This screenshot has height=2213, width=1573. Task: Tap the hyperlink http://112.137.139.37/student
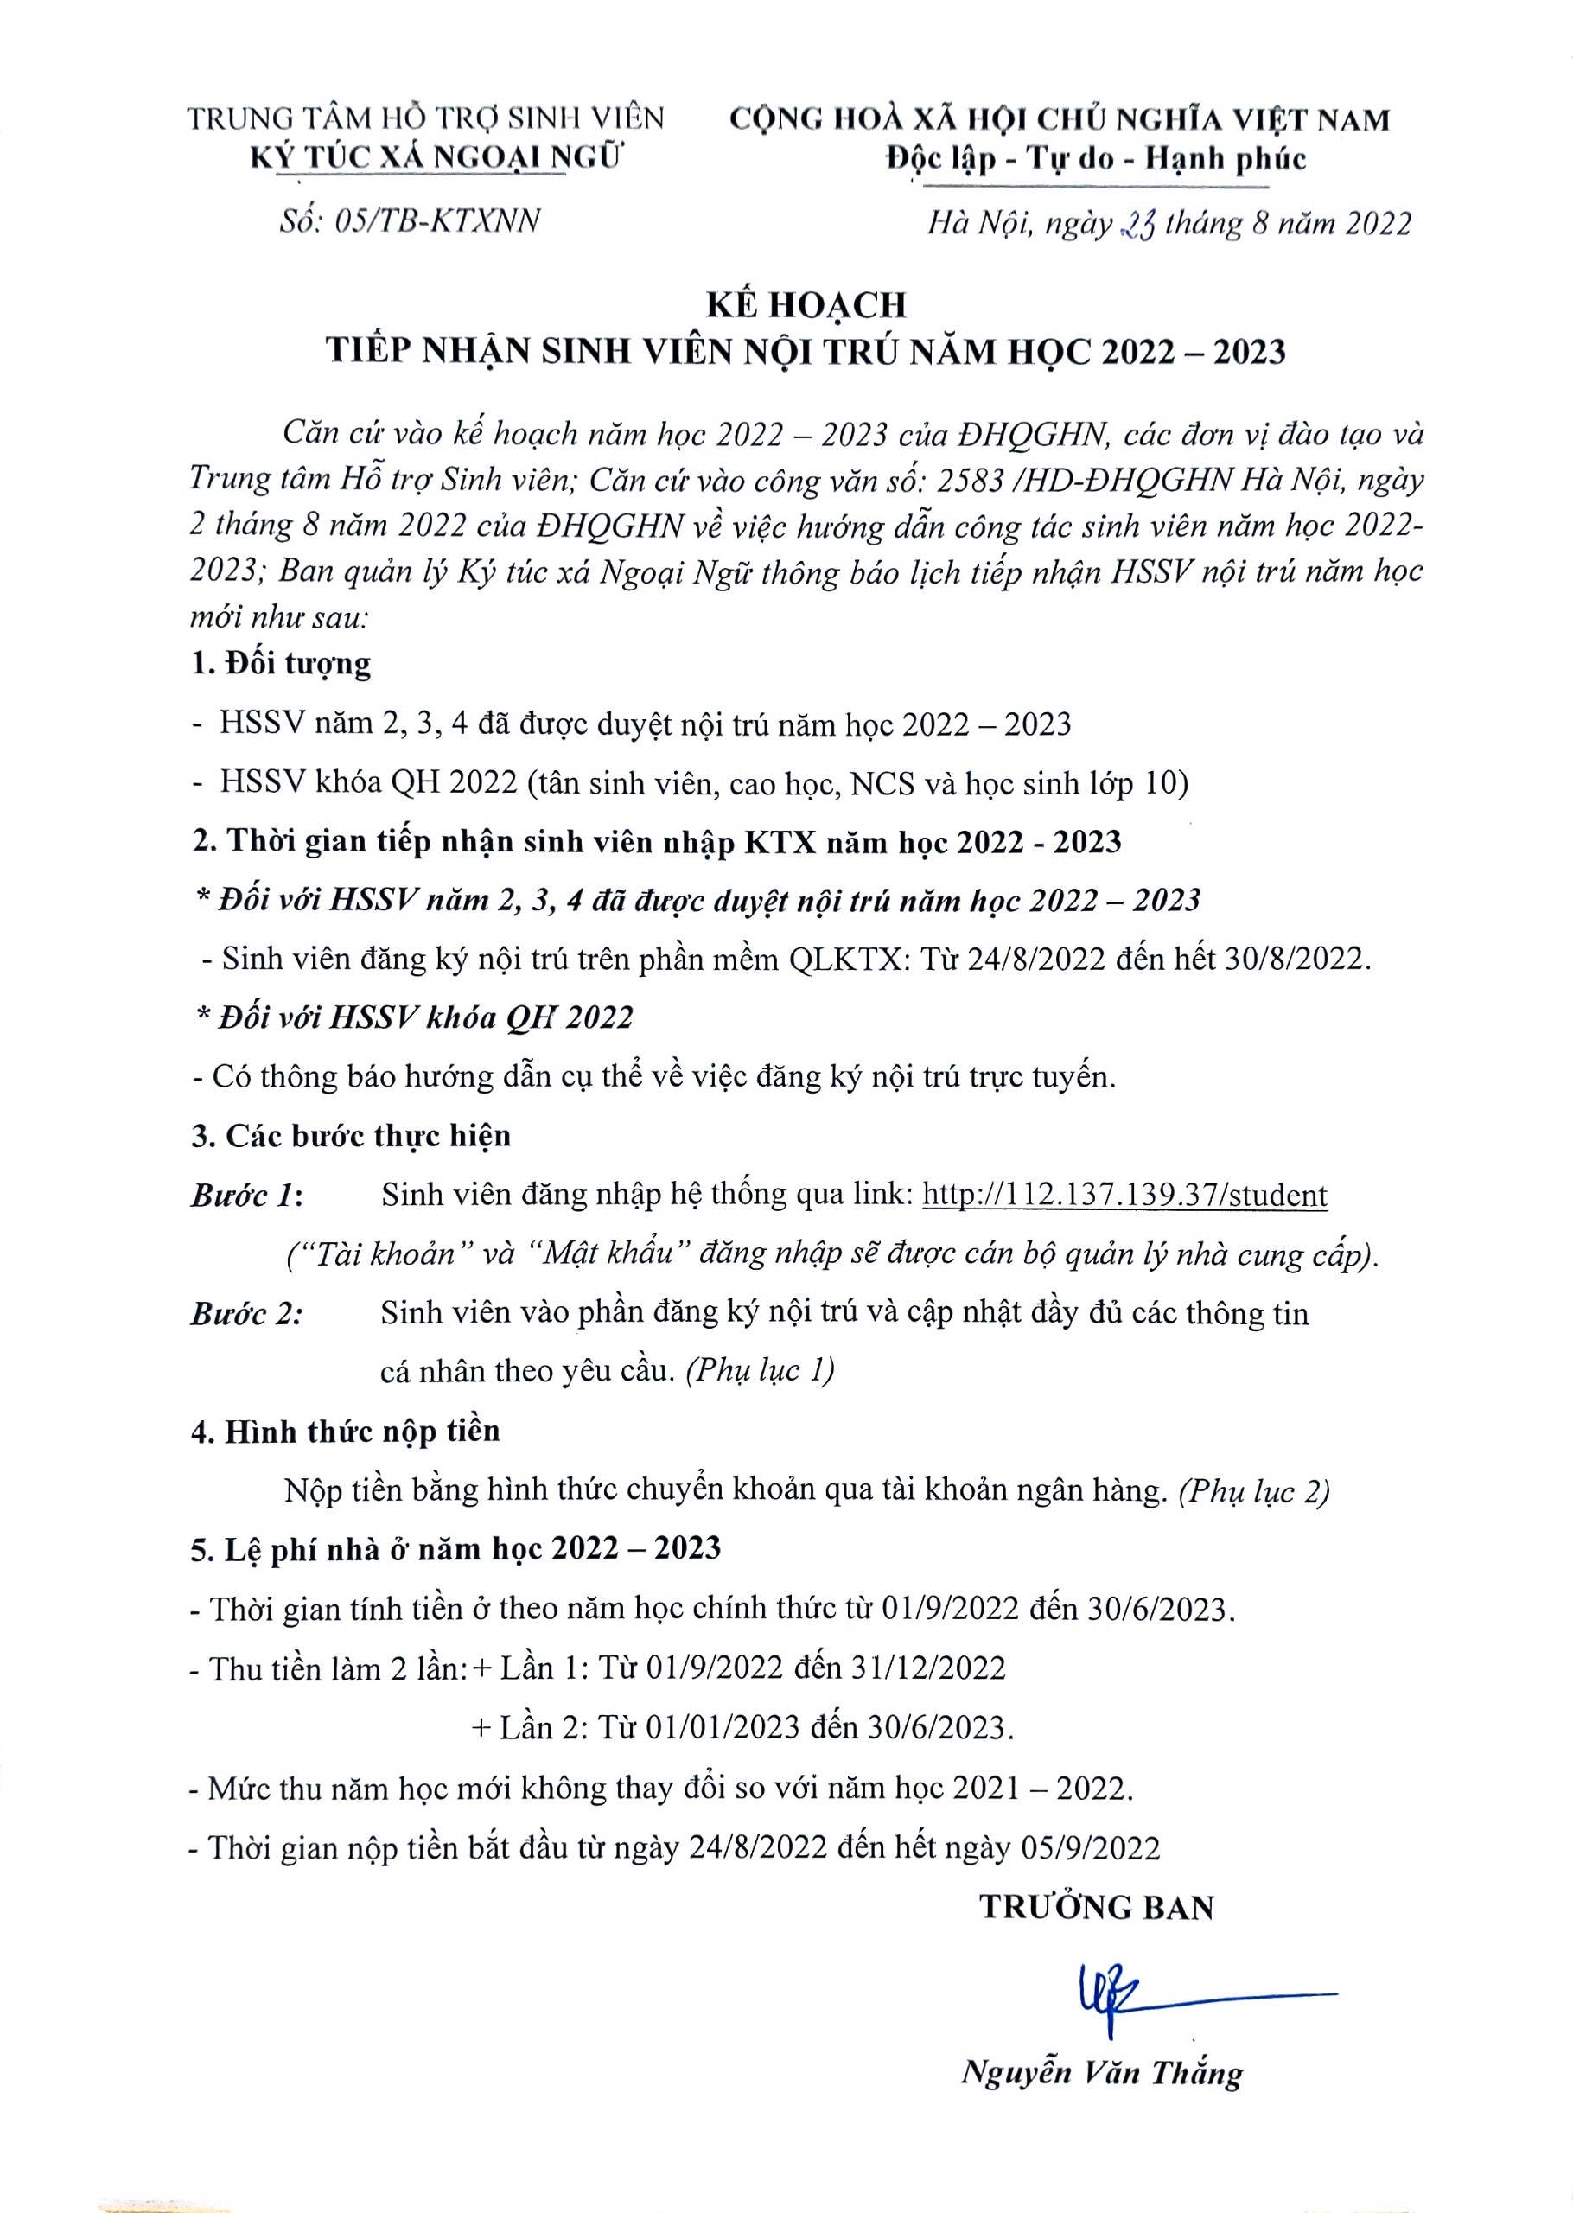coord(1124,1196)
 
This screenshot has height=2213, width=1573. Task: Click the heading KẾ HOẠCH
coord(806,305)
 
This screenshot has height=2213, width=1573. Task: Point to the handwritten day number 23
coord(1137,226)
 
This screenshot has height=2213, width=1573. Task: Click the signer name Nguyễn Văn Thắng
coord(1101,2073)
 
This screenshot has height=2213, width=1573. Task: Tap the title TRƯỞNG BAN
coord(1097,1907)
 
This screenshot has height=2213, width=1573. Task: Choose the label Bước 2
coord(246,1313)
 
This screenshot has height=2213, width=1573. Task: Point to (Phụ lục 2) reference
coord(1254,1490)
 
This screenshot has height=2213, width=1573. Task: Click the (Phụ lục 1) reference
coord(760,1370)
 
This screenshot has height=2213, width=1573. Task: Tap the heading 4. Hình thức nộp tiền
coord(346,1431)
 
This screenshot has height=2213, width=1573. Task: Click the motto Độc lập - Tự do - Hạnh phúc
coord(1097,159)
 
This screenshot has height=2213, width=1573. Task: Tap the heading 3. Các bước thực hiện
coord(351,1135)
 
